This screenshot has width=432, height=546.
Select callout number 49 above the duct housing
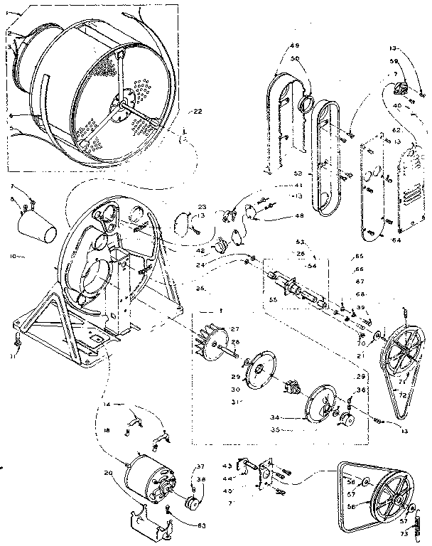coord(294,47)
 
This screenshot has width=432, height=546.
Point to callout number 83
coord(183,525)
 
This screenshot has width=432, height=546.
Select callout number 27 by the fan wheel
coord(235,328)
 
